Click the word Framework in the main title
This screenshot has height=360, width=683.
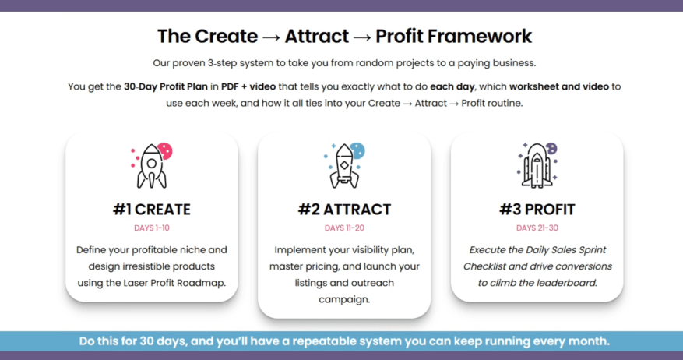[x=479, y=36]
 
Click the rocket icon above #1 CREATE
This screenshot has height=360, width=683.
[x=152, y=166]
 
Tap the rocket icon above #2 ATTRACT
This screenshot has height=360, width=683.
[x=344, y=167]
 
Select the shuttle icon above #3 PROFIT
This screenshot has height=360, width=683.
[x=537, y=166]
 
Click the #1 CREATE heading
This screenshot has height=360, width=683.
[x=152, y=210]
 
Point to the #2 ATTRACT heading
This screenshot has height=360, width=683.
[x=344, y=210]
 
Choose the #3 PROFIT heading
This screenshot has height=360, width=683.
[x=537, y=210]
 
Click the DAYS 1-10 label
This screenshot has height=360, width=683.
[x=152, y=228]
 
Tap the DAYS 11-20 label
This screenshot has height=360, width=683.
[x=344, y=228]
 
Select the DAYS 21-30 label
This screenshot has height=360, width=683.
[x=537, y=228]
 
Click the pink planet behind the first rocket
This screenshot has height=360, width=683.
[x=166, y=151]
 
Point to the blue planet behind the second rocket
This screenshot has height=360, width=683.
[x=358, y=151]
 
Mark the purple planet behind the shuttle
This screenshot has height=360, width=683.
[x=552, y=148]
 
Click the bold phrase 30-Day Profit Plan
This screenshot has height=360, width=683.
[x=166, y=86]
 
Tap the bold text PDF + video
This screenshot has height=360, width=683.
[x=248, y=86]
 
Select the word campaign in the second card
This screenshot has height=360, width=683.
[x=344, y=300]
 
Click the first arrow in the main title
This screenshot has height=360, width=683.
[x=271, y=37]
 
